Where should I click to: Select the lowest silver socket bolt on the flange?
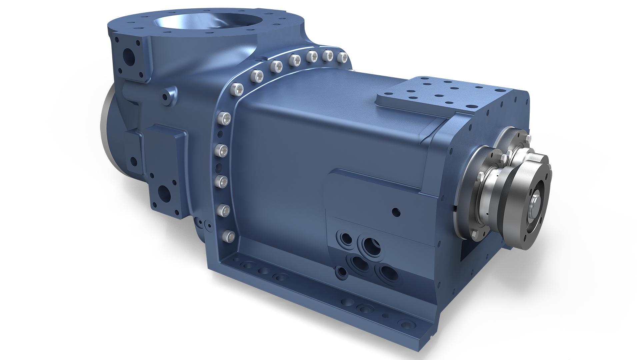[x=227, y=236]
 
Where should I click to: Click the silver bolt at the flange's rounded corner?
[x=237, y=89]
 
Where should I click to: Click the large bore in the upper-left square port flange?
[x=128, y=55]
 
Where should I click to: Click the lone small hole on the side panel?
[x=396, y=211]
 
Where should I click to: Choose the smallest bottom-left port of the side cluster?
[x=342, y=272]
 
